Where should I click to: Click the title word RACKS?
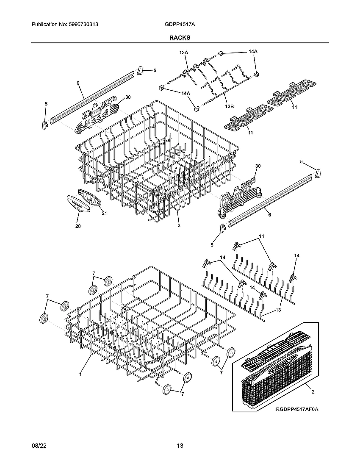pos(180,37)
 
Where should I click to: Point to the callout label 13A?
pos(183,52)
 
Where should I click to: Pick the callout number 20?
pos(78,226)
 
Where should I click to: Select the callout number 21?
pos(104,213)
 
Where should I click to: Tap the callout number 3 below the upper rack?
pos(179,226)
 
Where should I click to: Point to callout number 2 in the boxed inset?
pos(313,392)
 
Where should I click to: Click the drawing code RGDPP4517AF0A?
pos(296,409)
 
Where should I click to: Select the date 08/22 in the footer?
pos(38,446)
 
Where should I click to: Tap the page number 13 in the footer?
pos(180,446)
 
